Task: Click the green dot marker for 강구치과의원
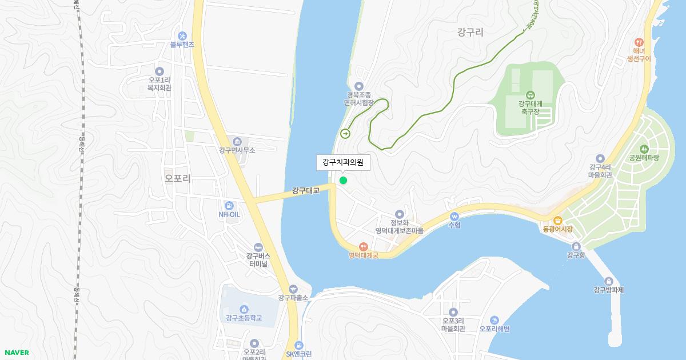tap(343, 181)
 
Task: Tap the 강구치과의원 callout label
tap(343, 162)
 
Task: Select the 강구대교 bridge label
tap(305, 190)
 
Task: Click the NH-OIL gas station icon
tap(229, 205)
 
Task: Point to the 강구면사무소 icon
tap(237, 142)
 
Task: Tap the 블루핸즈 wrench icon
tap(182, 35)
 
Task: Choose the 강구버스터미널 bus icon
tap(258, 247)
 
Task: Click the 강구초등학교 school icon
tap(244, 309)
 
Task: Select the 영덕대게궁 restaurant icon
tap(364, 246)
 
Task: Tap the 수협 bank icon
tap(454, 217)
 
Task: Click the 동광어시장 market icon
tap(558, 221)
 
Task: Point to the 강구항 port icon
tap(576, 246)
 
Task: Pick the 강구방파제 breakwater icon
tap(608, 281)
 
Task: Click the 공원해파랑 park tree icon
tap(644, 149)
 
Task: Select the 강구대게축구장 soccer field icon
tap(530, 95)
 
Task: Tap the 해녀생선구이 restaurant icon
tap(639, 42)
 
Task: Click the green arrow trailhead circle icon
tap(345, 134)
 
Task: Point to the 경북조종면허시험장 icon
tap(359, 86)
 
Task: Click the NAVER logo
tap(17, 353)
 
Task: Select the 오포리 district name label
tap(177, 178)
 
